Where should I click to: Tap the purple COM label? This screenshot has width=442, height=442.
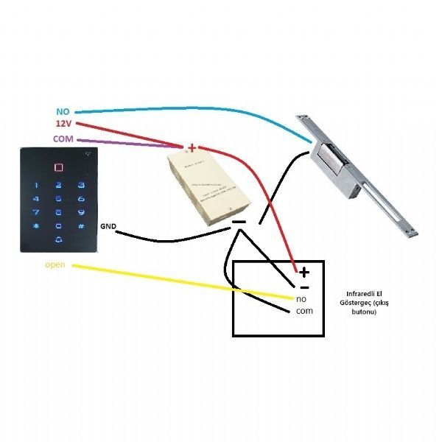tap(63, 138)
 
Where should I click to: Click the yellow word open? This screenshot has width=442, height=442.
tap(55, 264)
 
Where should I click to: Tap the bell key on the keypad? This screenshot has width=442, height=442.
tap(58, 240)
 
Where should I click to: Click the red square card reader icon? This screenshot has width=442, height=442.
tap(58, 166)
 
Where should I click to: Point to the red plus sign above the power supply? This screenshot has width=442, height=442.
tap(192, 147)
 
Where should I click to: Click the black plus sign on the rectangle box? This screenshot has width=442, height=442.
tap(304, 272)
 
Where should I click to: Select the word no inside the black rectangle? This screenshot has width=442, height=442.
tap(301, 298)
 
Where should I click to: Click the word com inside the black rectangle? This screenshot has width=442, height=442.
tap(304, 312)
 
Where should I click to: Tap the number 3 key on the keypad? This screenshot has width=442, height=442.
tap(82, 186)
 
